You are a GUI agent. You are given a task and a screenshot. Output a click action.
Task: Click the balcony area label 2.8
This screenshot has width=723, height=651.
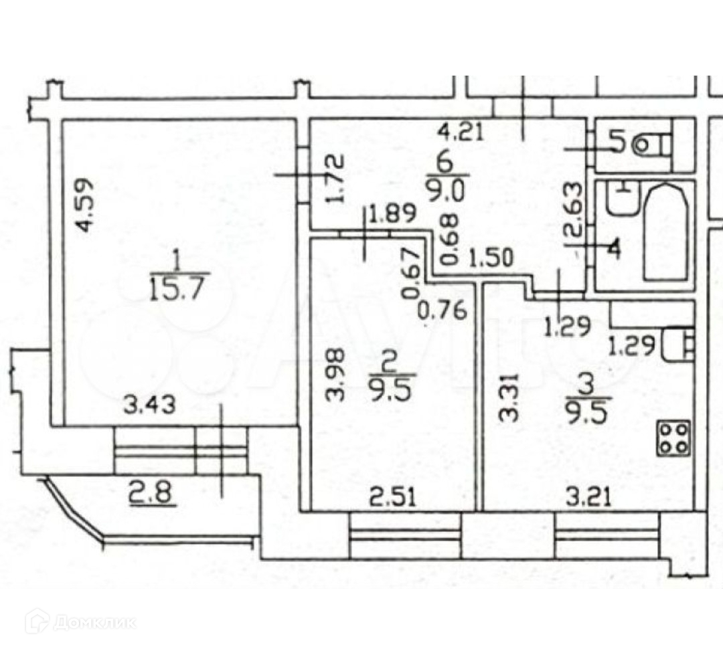pyautogui.click(x=153, y=496)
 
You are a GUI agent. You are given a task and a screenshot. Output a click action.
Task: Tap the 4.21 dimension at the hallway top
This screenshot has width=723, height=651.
pyautogui.click(x=460, y=132)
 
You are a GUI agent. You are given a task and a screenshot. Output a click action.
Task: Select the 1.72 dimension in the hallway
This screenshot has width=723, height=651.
pyautogui.click(x=337, y=179)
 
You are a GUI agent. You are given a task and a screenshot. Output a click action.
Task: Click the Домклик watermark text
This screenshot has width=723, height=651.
pyautogui.click(x=94, y=622)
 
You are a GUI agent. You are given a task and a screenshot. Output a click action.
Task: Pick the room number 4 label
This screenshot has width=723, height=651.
pyautogui.click(x=614, y=248)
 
